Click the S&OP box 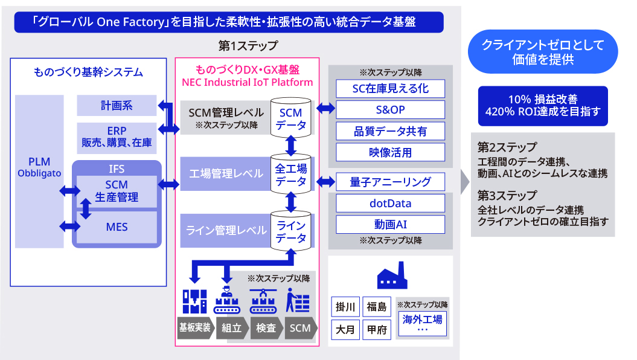(x=390, y=110)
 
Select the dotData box (x=390, y=203)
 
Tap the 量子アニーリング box (x=390, y=182)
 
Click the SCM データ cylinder (x=291, y=117)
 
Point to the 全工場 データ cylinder (x=291, y=173)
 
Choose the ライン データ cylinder (x=291, y=230)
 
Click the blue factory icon (x=392, y=275)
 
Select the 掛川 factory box (x=345, y=307)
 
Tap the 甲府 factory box (x=377, y=330)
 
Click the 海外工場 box (x=423, y=323)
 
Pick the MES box (x=117, y=227)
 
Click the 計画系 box (x=117, y=106)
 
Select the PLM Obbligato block (x=39, y=172)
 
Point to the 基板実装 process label (x=196, y=327)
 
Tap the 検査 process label (x=266, y=328)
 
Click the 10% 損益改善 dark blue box (x=543, y=106)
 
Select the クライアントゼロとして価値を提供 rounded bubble (x=543, y=51)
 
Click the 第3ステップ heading (x=507, y=196)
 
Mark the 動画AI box (x=390, y=224)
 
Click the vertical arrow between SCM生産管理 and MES (x=86, y=208)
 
